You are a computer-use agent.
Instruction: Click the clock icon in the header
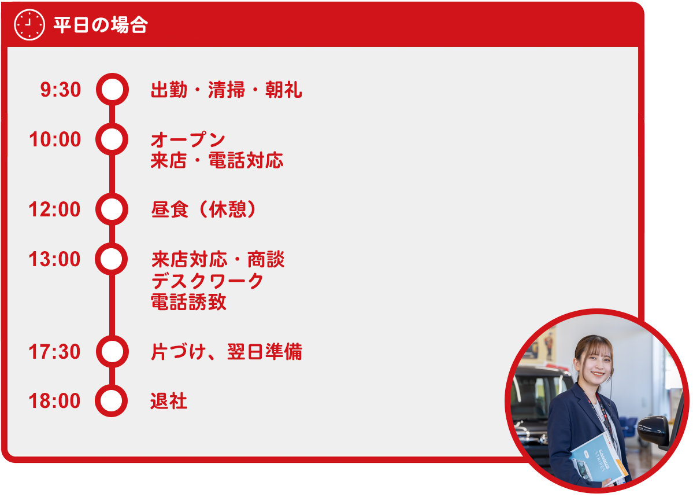pos(29,25)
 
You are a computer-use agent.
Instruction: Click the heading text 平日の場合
pos(101,25)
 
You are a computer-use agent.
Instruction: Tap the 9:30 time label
pos(61,90)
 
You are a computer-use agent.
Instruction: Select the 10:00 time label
pos(55,139)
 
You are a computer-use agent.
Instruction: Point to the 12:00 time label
pos(54,209)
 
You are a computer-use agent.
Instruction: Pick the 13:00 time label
pos(54,259)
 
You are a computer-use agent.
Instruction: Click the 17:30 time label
pos(54,352)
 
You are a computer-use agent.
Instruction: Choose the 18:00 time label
pos(54,401)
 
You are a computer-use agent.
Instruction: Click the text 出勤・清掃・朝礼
pos(227,90)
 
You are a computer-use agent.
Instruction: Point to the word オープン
pos(188,140)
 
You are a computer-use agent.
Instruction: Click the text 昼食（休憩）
pos(204,209)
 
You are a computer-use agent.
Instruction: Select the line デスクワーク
pos(207,281)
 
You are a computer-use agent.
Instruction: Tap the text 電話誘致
pos(188,302)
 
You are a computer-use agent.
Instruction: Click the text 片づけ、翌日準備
pos(227,352)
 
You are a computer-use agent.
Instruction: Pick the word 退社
pos(169,401)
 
